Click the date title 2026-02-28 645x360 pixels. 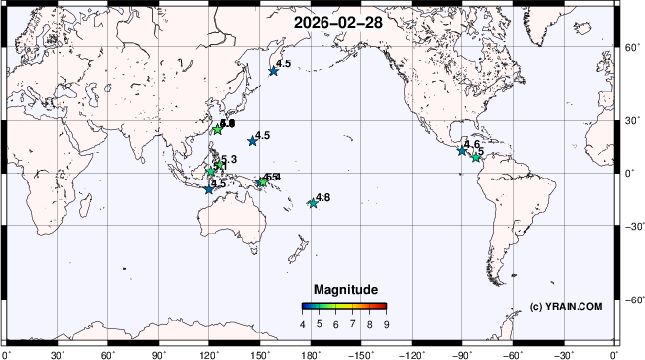(322, 20)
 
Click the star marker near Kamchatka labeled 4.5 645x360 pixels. (274, 70)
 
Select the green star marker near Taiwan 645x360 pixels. (218, 130)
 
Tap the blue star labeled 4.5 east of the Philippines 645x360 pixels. (252, 141)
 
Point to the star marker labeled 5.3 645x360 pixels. (211, 171)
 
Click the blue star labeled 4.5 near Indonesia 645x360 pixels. (208, 188)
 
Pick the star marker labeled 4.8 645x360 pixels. (313, 203)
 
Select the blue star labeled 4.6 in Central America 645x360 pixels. (462, 150)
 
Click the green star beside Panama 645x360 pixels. (476, 157)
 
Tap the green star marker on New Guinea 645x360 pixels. (262, 181)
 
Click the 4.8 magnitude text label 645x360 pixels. (322, 198)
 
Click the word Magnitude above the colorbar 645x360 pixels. (344, 289)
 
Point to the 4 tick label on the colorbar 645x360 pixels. (303, 324)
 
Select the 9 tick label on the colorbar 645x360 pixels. (386, 324)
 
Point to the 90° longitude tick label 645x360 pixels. (158, 353)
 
